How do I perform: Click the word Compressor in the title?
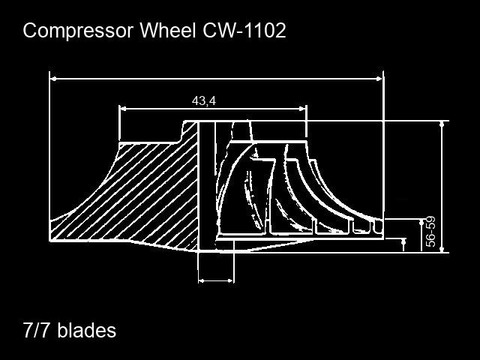click(x=78, y=31)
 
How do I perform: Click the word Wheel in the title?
click(x=167, y=30)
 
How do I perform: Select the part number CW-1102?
click(x=244, y=30)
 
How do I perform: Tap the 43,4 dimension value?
click(x=204, y=100)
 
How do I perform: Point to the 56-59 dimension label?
click(x=430, y=232)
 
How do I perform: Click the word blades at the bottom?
click(x=87, y=330)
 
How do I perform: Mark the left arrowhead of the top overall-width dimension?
click(x=53, y=79)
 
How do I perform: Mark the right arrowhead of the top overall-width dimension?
click(x=379, y=79)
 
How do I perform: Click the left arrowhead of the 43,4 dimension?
click(x=123, y=108)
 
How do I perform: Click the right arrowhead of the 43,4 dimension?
click(x=302, y=108)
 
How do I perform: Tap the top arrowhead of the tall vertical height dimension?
click(x=442, y=124)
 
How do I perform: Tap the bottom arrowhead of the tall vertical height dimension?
click(x=442, y=250)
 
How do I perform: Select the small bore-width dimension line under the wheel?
click(x=216, y=280)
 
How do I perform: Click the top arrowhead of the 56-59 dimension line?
click(x=422, y=223)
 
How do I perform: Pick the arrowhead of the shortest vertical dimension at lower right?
click(x=403, y=241)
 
